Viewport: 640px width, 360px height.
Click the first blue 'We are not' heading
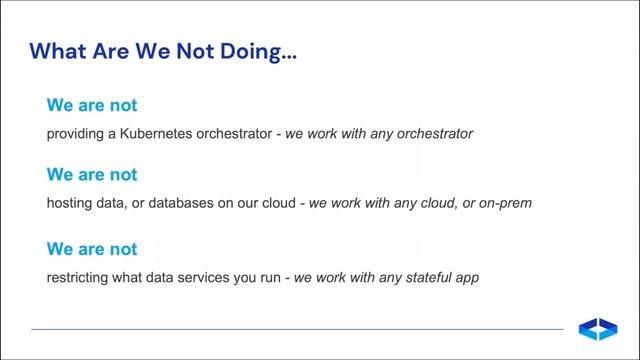[x=92, y=105]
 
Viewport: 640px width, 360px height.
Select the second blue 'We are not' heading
[x=92, y=175]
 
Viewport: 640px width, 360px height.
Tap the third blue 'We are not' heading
[x=92, y=249]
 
